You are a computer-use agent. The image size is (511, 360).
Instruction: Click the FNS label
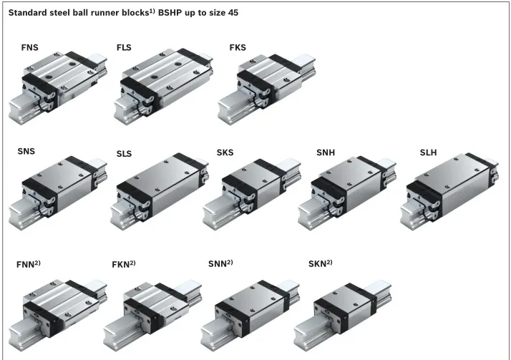point(30,47)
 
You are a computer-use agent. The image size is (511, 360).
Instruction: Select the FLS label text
point(124,47)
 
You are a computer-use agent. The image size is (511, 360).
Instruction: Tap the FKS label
point(238,47)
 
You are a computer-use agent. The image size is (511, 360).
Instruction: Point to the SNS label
point(26,152)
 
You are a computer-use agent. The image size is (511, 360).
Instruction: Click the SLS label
point(124,154)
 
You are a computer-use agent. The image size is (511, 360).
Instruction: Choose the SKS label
point(225,152)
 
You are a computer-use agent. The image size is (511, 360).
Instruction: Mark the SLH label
point(428,152)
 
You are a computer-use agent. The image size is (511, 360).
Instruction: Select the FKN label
point(124,264)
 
